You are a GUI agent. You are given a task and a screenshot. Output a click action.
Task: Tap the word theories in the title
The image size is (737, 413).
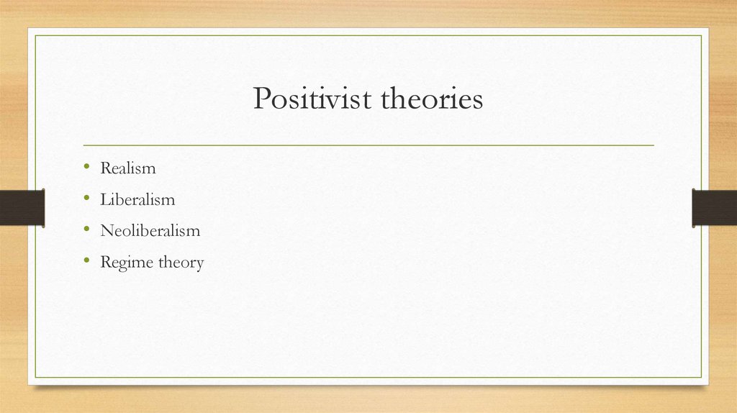tap(432, 98)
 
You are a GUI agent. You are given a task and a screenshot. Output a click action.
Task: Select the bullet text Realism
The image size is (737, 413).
tap(128, 168)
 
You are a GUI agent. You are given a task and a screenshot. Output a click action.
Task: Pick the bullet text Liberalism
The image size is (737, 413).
tap(137, 199)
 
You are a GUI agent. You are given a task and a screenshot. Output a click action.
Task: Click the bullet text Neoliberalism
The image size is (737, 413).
tap(150, 230)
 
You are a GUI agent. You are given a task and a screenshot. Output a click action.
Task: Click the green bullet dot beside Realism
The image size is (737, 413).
tap(86, 166)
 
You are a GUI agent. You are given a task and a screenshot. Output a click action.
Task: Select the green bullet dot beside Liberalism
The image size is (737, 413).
tap(86, 197)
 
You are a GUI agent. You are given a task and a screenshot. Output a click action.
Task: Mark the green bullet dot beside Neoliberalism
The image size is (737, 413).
tap(86, 229)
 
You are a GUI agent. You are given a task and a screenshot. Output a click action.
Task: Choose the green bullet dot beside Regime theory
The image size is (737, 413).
tap(86, 260)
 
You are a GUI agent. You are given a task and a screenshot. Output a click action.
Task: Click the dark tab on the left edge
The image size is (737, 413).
tap(22, 208)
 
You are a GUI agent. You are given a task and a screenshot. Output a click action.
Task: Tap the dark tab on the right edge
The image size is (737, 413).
tap(715, 208)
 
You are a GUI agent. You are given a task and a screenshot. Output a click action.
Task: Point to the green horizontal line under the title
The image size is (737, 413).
tap(368, 145)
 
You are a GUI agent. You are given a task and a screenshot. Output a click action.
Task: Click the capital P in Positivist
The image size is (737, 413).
tap(262, 98)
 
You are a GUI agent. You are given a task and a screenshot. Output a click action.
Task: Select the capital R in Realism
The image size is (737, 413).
tap(106, 168)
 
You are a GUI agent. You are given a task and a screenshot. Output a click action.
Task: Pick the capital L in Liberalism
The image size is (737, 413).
tap(105, 199)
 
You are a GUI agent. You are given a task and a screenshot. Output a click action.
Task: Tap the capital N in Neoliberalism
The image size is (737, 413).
tap(107, 230)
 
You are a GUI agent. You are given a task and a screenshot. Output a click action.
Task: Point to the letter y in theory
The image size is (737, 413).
tap(199, 265)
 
